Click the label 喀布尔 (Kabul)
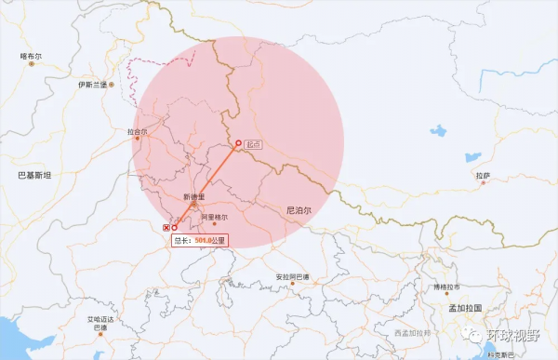click(x=32, y=57)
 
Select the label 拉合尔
click(x=137, y=132)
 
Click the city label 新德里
click(x=193, y=196)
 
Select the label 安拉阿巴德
click(x=293, y=277)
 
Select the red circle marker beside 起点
click(x=238, y=143)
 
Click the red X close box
click(x=166, y=227)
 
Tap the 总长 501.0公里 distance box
click(x=199, y=240)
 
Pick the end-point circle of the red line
click(x=175, y=227)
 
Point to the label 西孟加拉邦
click(x=411, y=332)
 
